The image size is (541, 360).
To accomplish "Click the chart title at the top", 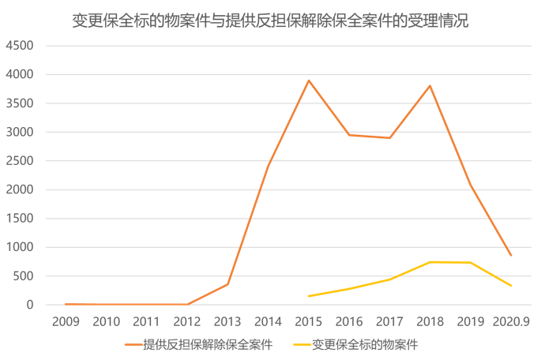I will (x=270, y=21).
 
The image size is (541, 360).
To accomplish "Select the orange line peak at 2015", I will (x=309, y=80).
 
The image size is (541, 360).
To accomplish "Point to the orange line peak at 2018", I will (x=430, y=85).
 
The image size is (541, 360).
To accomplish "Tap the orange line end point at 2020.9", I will (x=511, y=255).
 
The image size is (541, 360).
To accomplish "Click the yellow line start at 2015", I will (x=309, y=296).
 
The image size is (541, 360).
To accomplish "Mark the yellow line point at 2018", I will (x=430, y=261).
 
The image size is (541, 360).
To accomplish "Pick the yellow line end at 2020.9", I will (x=511, y=286).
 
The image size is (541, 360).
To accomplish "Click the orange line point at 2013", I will (x=227, y=283).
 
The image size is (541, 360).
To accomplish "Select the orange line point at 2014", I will (x=269, y=164).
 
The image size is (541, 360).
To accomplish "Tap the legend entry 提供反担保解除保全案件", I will (x=208, y=344).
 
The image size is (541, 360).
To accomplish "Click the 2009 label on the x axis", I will (x=66, y=321).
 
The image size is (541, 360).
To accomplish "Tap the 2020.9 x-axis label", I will (x=510, y=321).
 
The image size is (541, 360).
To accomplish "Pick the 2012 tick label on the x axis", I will (x=187, y=321).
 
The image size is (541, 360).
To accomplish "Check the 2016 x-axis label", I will (x=349, y=321).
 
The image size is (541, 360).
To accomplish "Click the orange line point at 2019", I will (x=471, y=185).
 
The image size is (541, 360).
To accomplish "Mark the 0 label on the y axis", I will (x=29, y=305).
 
